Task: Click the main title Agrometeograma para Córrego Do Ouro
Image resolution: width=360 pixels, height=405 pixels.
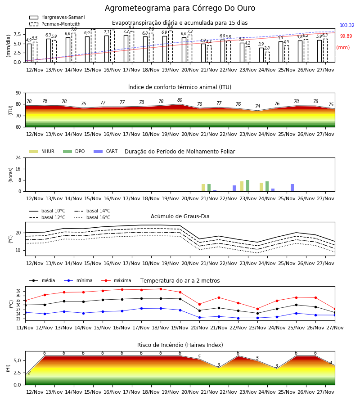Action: click(x=180, y=8)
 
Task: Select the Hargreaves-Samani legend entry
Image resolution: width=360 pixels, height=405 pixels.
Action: click(x=57, y=17)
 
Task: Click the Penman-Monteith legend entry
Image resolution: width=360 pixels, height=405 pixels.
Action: click(x=55, y=24)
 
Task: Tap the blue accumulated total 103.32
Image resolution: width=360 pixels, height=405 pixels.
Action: click(x=347, y=25)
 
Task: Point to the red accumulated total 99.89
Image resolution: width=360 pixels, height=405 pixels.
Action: click(x=346, y=36)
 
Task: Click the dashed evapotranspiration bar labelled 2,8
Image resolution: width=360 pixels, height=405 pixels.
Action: click(x=267, y=57)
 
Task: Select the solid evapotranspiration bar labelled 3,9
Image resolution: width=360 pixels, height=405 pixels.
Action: click(x=261, y=55)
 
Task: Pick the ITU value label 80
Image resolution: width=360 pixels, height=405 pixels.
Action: click(x=180, y=100)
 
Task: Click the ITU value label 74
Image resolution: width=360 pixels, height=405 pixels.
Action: click(x=257, y=106)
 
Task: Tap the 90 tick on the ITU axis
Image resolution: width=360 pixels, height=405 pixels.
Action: click(x=18, y=93)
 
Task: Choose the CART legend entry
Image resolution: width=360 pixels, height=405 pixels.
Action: click(x=106, y=151)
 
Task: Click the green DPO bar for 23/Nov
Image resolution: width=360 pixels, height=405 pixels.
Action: click(x=247, y=186)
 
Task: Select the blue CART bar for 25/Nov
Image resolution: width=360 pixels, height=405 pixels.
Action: click(x=292, y=188)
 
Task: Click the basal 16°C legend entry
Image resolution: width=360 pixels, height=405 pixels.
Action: click(x=92, y=217)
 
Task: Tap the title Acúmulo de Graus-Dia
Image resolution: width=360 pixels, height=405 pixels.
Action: click(x=180, y=216)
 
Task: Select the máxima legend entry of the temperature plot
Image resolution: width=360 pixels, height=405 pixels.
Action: click(x=116, y=280)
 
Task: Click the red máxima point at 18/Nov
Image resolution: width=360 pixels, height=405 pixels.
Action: click(x=161, y=289)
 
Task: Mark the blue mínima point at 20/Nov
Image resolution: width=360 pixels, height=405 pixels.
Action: click(x=200, y=317)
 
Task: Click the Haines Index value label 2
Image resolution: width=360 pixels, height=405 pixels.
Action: click(x=29, y=373)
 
